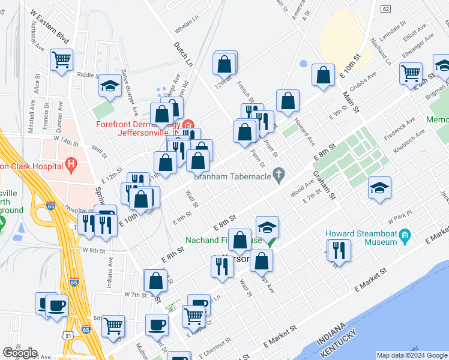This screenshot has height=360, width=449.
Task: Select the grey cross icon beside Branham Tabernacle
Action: (278, 175)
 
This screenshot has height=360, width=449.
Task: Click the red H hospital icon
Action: (72, 163)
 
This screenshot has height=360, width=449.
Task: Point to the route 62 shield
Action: (385, 8)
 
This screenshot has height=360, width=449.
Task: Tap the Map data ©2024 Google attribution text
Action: (411, 355)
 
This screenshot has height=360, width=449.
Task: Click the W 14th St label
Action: (66, 140)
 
